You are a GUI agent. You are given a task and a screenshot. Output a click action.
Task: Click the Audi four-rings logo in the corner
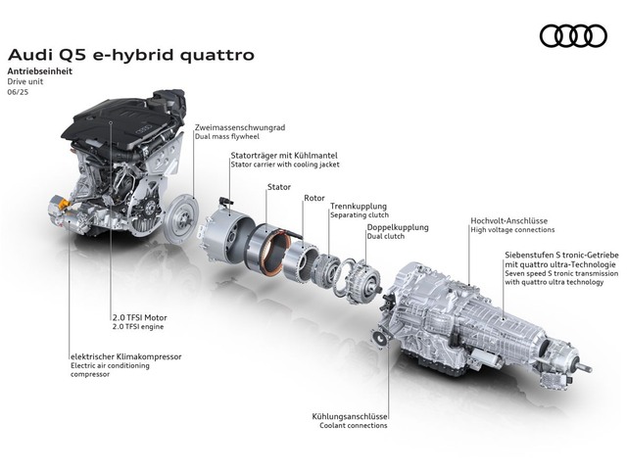(x=573, y=36)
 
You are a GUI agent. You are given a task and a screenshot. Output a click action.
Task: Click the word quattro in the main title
(x=217, y=56)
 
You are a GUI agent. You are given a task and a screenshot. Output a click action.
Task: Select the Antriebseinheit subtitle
(x=40, y=71)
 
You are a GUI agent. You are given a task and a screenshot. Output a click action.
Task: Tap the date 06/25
(x=18, y=92)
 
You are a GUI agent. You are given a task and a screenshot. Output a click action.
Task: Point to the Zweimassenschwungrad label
(x=240, y=127)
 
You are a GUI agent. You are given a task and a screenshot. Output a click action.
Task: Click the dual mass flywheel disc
(x=181, y=218)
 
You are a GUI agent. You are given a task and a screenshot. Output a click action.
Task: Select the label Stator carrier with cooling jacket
(x=285, y=164)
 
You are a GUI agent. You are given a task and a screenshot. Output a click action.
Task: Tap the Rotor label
(x=314, y=198)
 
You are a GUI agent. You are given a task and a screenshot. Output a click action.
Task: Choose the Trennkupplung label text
(x=359, y=207)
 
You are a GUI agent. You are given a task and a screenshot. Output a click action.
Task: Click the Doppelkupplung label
(x=398, y=227)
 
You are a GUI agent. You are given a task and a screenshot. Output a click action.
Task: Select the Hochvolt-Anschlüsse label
(x=509, y=220)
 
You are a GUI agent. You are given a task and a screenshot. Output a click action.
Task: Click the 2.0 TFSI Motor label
(x=139, y=317)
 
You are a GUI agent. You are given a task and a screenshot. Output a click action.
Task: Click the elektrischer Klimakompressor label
(x=126, y=356)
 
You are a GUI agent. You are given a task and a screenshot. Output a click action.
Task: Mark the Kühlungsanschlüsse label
(x=350, y=416)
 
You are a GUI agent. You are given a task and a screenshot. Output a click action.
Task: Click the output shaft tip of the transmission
(x=590, y=369)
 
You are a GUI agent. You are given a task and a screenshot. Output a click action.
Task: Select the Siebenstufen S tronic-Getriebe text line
(x=561, y=255)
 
